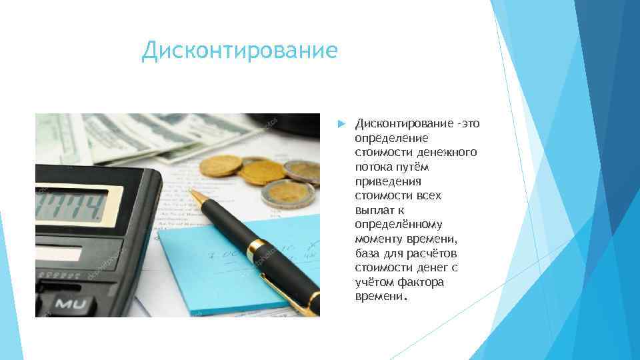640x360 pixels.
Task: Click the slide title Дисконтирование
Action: (239, 51)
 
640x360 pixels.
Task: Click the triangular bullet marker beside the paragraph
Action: (340, 123)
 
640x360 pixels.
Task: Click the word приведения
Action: (388, 181)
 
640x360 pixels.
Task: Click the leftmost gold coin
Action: (220, 165)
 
